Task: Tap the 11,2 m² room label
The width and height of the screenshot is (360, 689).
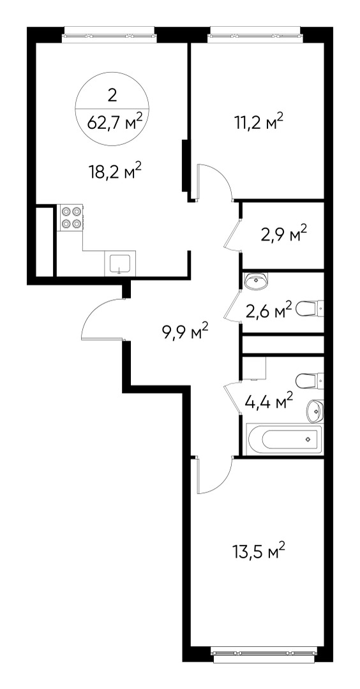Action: pos(259,121)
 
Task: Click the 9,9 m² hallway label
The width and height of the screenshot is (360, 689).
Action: pos(184,332)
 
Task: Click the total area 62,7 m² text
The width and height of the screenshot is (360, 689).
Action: pos(115,121)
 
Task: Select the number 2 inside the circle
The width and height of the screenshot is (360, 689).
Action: pos(112,94)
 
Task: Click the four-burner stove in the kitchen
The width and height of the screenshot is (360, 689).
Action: pos(71,218)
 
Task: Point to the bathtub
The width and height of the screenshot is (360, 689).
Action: pos(284,439)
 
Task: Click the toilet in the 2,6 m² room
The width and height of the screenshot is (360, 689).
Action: pos(310,308)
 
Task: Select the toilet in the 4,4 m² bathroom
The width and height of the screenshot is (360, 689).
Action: pos(310,380)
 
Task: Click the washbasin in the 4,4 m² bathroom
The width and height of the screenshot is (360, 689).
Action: pos(315,410)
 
